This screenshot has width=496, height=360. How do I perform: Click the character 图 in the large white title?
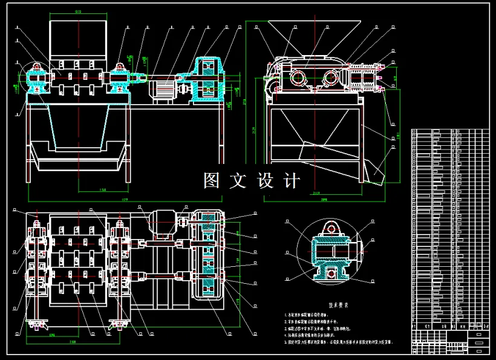coord(211,180)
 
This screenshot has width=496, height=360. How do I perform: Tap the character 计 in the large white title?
coord(290,180)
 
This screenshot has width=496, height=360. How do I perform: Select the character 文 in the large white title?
coord(238,180)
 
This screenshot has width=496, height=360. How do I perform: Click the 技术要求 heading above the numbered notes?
coord(340,306)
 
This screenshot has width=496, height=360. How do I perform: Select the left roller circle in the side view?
coord(298,77)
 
